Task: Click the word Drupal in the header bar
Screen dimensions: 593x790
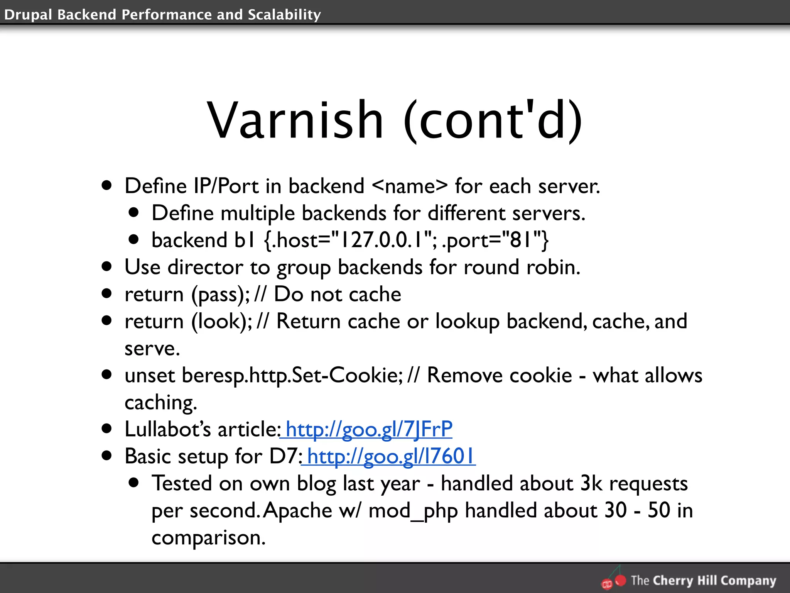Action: (x=28, y=15)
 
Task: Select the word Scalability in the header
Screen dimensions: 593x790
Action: (x=284, y=15)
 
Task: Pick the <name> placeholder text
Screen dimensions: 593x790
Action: (x=410, y=186)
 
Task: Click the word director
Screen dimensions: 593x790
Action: (x=206, y=267)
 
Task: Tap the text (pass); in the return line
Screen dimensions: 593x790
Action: (x=221, y=295)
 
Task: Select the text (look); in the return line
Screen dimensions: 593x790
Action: (x=222, y=322)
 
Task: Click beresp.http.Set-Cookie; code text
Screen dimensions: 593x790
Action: (x=292, y=375)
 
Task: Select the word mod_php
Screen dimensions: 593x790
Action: (x=413, y=511)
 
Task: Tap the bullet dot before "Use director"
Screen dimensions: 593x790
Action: (x=107, y=266)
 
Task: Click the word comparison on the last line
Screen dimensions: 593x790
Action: (x=208, y=538)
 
